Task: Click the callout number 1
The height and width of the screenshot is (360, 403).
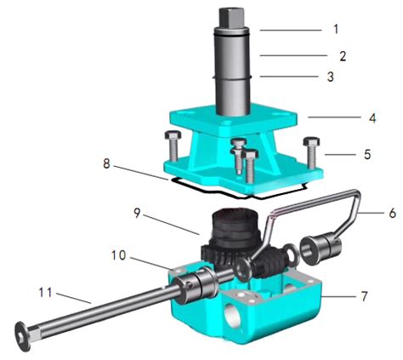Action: tap(334, 28)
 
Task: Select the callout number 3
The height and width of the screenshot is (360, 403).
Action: tap(334, 77)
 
